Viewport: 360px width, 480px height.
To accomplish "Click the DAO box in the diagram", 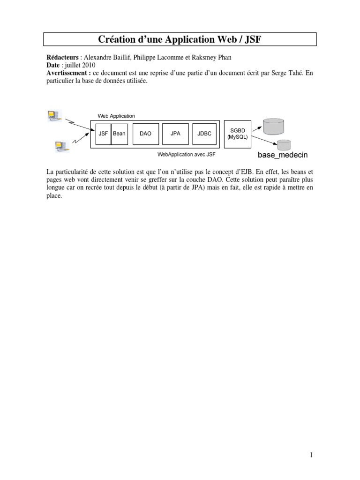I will point(146,134).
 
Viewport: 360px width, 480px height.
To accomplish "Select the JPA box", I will point(175,134).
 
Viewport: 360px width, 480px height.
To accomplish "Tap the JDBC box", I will point(204,134).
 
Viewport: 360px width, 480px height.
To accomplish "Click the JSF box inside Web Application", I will point(103,134).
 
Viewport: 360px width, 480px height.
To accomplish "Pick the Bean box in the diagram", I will point(119,134).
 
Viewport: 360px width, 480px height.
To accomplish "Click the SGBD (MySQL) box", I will point(238,134).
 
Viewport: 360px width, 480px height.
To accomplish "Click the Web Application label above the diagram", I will point(116,116).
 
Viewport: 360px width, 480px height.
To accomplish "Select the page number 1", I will point(311,455).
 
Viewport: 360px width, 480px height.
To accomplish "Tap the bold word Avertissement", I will point(68,74).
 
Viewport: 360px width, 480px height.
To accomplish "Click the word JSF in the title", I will point(252,39).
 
